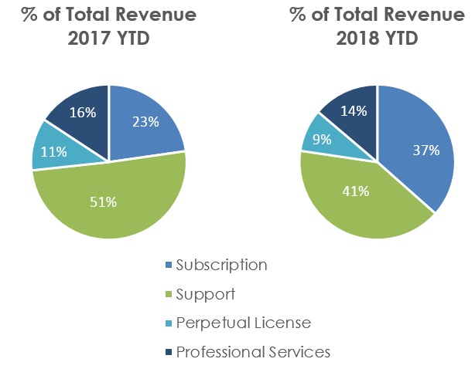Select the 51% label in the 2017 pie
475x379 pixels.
[104, 202]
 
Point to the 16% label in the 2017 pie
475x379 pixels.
[83, 113]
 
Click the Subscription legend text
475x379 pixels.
[221, 265]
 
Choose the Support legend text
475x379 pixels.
[205, 294]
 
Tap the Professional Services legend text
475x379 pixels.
[253, 353]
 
